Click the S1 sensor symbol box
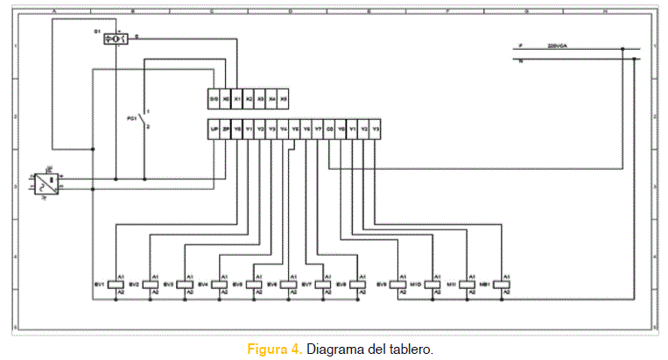tap(115, 39)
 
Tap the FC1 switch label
tap(132, 116)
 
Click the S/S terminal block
tap(214, 99)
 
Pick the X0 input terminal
tap(226, 99)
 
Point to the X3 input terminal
tap(260, 99)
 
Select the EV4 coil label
tap(202, 284)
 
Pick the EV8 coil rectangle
tap(358, 283)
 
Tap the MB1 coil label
tap(485, 284)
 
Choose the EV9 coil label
tap(382, 284)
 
